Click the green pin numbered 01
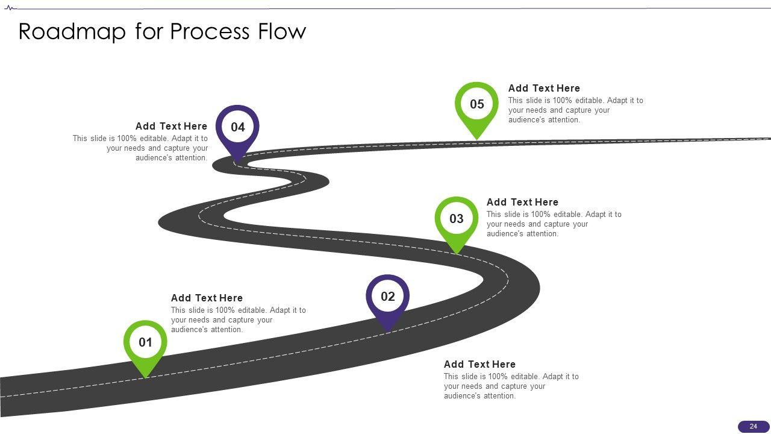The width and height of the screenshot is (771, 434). [145, 343]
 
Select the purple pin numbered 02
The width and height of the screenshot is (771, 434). [388, 297]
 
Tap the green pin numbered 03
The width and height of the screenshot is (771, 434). [457, 219]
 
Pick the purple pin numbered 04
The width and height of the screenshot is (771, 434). [238, 127]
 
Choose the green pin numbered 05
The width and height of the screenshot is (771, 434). [476, 104]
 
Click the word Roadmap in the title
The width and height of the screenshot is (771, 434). [73, 31]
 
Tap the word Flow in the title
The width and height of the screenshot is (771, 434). [282, 31]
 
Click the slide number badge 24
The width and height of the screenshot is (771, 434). [753, 426]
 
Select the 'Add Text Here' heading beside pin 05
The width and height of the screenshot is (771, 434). [544, 88]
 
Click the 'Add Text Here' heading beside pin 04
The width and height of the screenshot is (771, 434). [171, 126]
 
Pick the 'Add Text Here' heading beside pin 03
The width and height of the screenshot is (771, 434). [522, 202]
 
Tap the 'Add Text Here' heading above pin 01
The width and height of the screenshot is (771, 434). [207, 298]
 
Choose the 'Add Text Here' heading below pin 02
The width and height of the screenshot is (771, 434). [479, 364]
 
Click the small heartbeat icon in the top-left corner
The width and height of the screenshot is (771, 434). [10, 8]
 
